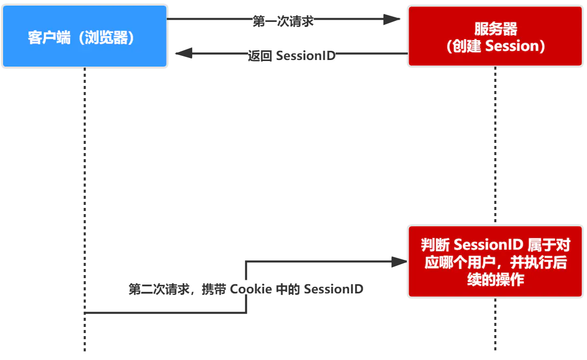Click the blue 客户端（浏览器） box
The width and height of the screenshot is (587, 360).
point(84,37)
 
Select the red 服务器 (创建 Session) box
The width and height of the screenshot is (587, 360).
point(495,37)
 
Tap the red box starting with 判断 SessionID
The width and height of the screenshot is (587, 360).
point(495,261)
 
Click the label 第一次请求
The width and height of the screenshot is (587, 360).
point(283,21)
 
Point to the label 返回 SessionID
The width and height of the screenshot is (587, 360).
point(291,55)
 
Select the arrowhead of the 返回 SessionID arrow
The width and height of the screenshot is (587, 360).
point(184,53)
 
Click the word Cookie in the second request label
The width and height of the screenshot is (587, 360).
point(251,289)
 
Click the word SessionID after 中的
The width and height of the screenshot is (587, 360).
point(334,289)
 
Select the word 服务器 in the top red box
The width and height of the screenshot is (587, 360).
point(495,28)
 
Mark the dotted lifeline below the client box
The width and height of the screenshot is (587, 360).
point(84,203)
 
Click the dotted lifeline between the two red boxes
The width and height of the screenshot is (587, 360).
point(495,147)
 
